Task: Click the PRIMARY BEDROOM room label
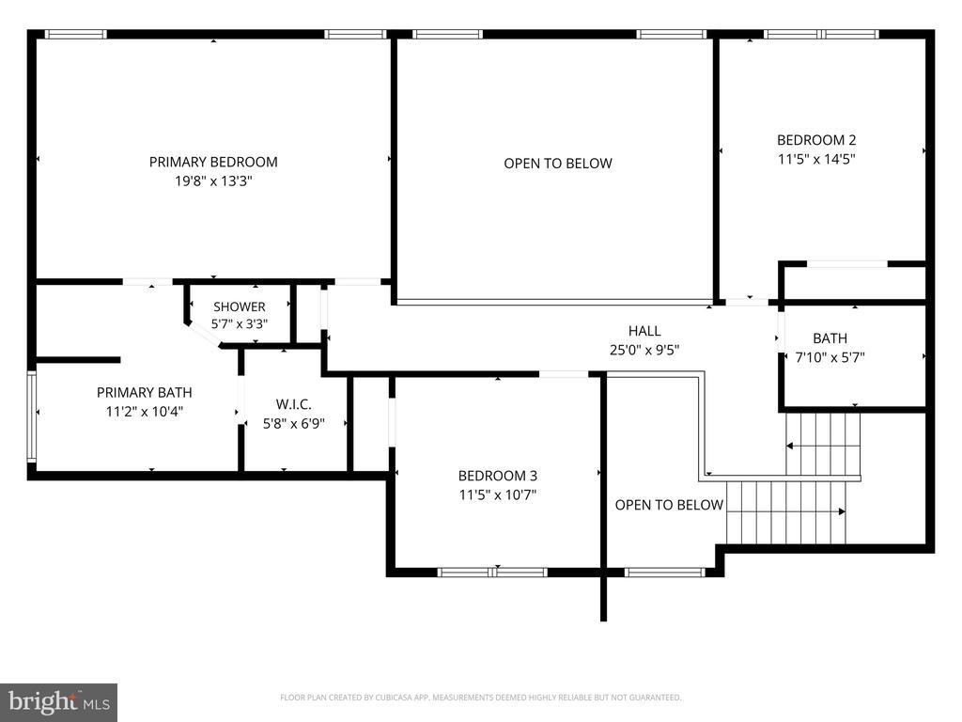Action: tap(213, 162)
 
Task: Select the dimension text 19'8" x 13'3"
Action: tap(213, 181)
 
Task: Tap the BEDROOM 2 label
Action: tap(816, 140)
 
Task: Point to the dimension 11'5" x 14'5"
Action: tap(816, 159)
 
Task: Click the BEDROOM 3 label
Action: tap(498, 476)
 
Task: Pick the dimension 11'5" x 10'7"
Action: tap(498, 494)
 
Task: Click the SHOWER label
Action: tap(240, 306)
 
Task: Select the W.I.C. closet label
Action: tap(293, 404)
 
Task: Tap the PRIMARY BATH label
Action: tap(144, 392)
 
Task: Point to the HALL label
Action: tap(644, 331)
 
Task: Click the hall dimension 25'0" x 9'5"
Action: tap(644, 350)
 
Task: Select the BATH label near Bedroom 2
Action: tap(830, 338)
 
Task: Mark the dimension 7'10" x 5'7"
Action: tap(830, 357)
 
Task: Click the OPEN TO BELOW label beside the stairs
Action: tap(669, 505)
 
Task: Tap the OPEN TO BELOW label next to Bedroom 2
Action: tap(558, 164)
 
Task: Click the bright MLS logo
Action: tap(59, 702)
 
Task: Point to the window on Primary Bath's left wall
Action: tap(31, 416)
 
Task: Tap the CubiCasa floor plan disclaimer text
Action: tap(480, 698)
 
